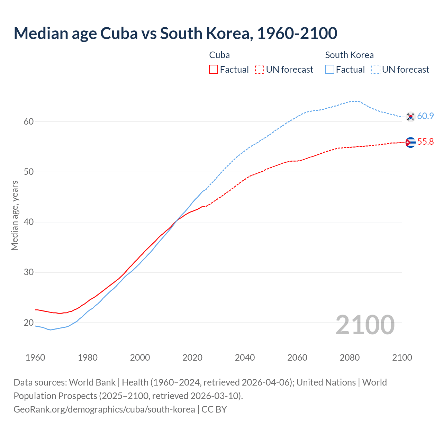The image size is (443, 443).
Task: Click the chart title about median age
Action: (x=175, y=33)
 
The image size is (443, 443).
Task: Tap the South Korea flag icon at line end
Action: (x=410, y=117)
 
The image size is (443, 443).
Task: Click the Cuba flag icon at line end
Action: (x=410, y=142)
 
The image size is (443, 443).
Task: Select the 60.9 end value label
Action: (x=425, y=116)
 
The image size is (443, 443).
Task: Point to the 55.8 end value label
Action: (x=425, y=142)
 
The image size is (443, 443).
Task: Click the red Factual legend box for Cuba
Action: (x=214, y=70)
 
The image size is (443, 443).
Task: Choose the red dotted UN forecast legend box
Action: (x=260, y=70)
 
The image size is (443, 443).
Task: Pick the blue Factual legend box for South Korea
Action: (x=330, y=70)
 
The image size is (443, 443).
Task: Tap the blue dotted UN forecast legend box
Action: (x=376, y=70)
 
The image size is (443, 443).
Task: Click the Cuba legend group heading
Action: (x=219, y=55)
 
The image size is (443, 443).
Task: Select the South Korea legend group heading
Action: (x=349, y=55)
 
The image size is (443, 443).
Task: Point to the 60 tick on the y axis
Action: (x=29, y=121)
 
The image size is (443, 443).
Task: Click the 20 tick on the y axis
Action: (x=29, y=323)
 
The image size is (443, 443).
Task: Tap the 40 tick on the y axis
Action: (x=29, y=222)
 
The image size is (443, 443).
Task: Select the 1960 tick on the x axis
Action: (x=35, y=358)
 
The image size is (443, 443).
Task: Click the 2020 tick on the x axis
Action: (x=192, y=358)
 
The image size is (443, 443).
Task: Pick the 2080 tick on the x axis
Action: (x=350, y=358)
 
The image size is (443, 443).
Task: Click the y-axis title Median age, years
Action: (x=15, y=215)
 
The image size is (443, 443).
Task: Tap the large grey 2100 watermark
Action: (x=365, y=325)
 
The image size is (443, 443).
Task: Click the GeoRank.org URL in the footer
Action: (x=104, y=409)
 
